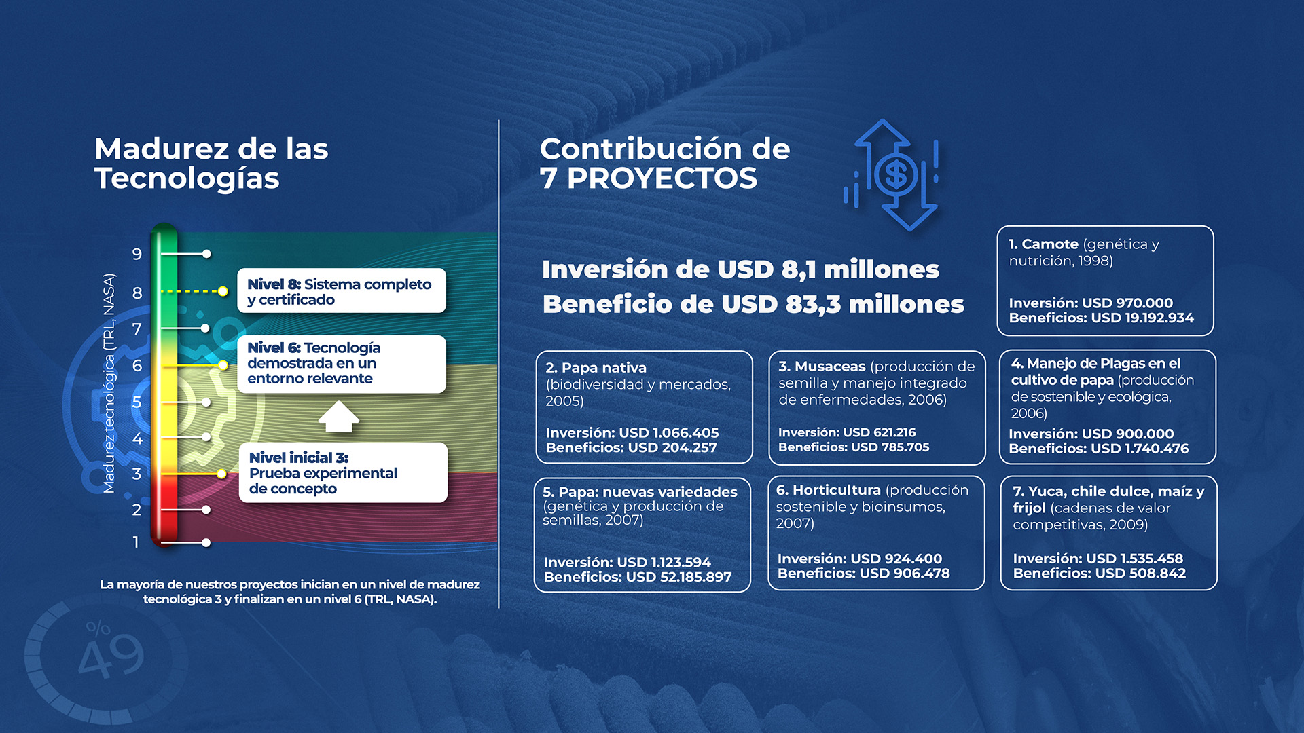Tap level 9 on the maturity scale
coord(137,255)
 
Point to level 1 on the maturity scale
coord(136,542)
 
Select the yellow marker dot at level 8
coord(223,291)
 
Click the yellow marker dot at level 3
coord(221,474)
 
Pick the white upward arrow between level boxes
coord(338,417)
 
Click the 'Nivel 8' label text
coord(274,284)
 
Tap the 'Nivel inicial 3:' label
coord(299,458)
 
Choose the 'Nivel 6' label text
coord(274,347)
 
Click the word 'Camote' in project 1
coord(1050,244)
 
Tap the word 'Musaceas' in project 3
coord(830,366)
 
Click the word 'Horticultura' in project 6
coord(836,490)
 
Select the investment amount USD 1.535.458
coord(1134,559)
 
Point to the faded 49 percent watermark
coord(109,653)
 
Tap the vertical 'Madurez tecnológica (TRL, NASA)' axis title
coord(109,383)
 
